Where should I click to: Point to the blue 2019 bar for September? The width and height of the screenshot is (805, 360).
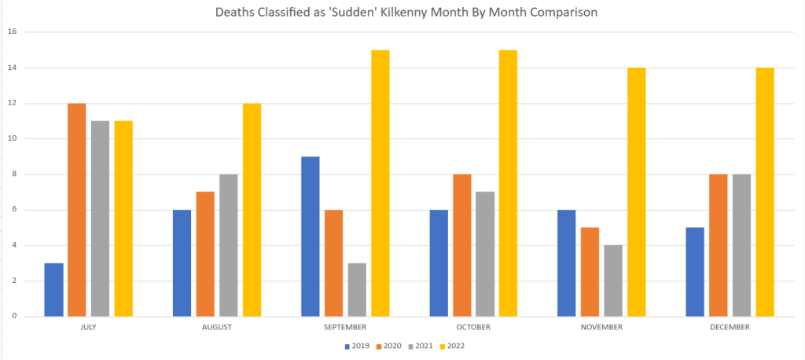click(x=311, y=236)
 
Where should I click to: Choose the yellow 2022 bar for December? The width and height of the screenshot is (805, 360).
click(x=765, y=192)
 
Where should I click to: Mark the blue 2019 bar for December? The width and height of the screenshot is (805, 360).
click(x=695, y=272)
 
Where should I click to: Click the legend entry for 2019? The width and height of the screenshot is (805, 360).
click(x=358, y=345)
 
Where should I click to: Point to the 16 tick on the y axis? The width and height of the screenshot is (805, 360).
click(x=12, y=32)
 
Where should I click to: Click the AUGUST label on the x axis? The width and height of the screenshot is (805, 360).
click(x=216, y=327)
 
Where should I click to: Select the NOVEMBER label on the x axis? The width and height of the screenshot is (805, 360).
click(x=601, y=327)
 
